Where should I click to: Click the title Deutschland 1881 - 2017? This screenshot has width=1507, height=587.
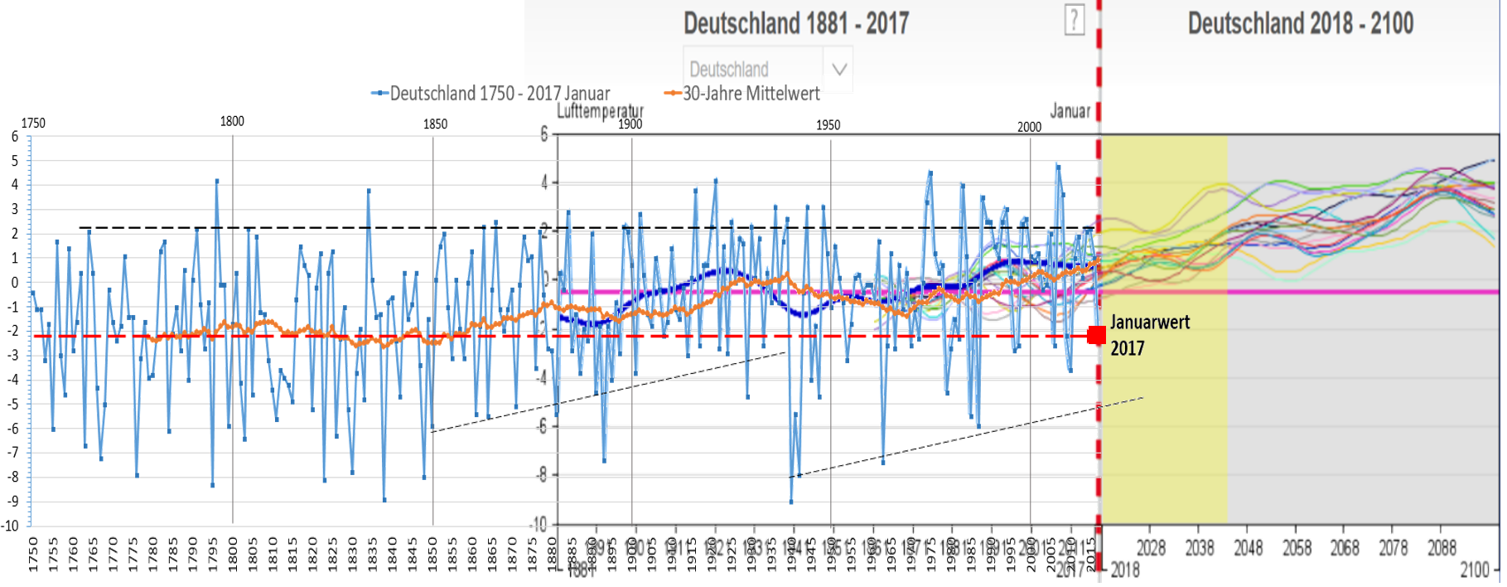(x=795, y=23)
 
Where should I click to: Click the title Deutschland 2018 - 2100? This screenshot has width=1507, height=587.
(x=1300, y=23)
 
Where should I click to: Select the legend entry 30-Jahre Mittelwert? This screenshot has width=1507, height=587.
(x=750, y=94)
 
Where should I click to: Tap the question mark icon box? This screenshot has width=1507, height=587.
(x=1074, y=20)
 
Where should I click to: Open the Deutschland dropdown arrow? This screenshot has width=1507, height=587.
(x=838, y=69)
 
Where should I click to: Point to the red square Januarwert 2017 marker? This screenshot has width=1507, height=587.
(x=1096, y=335)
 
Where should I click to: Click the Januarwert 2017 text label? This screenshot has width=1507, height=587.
(x=1149, y=335)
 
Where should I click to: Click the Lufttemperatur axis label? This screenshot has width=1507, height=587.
(x=599, y=111)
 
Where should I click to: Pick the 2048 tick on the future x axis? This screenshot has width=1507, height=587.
(x=1249, y=548)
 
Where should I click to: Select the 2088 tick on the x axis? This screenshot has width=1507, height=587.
(x=1442, y=548)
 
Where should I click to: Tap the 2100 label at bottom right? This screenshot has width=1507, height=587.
(x=1474, y=570)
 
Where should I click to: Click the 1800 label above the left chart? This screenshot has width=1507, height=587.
(x=232, y=121)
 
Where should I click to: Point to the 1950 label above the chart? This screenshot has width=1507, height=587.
(x=828, y=125)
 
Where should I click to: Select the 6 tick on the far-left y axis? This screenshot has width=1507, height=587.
(x=14, y=137)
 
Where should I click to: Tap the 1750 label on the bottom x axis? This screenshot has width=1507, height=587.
(x=33, y=553)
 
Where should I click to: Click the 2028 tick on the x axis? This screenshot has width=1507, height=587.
(x=1151, y=548)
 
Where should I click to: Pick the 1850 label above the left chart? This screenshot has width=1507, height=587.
(x=435, y=124)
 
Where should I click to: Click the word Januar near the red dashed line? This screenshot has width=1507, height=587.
(x=1070, y=111)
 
